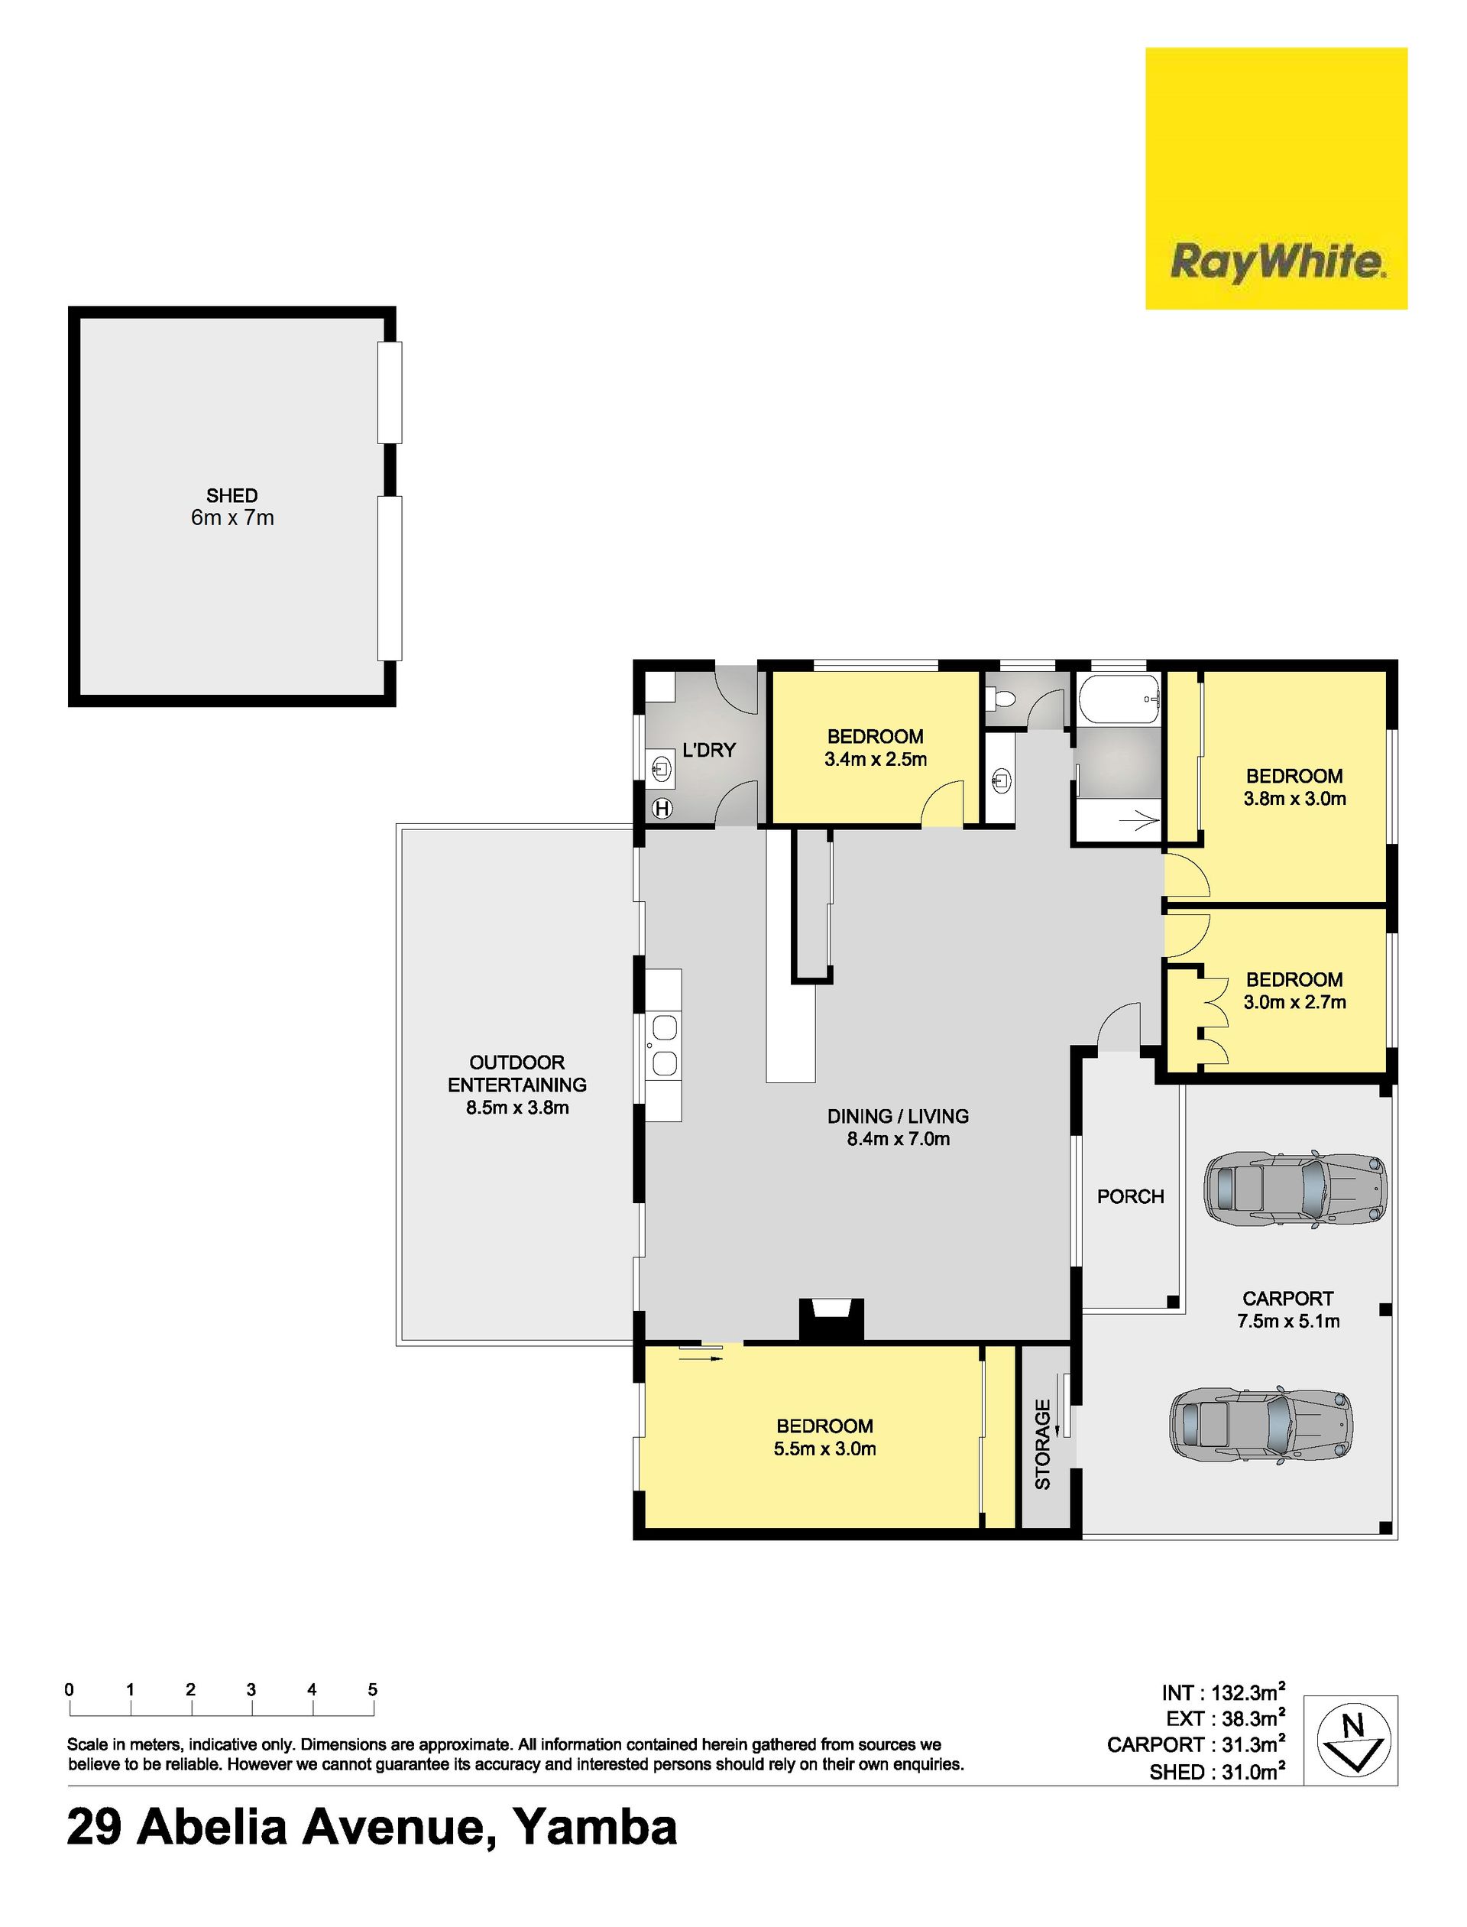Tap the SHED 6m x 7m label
232,507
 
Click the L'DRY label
709,750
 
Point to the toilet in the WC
999,699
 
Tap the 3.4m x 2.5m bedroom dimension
875,760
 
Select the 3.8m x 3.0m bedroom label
1295,787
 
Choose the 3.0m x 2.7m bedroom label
1295,991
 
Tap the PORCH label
1131,1197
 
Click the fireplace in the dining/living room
832,1320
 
